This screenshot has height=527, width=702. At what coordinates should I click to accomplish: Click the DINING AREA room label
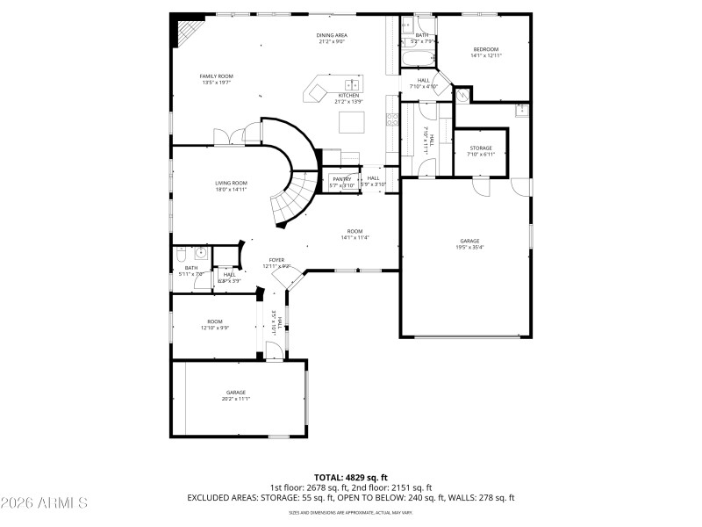click(332, 35)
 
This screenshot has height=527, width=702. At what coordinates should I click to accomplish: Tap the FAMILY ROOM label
click(217, 76)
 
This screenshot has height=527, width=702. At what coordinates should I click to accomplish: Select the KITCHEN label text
click(348, 96)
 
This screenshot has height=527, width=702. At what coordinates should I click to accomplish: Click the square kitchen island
click(353, 119)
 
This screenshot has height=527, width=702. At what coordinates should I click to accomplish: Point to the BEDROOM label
click(486, 49)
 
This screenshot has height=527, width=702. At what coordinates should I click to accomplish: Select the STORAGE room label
click(481, 148)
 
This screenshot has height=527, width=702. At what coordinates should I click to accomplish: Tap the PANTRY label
click(341, 179)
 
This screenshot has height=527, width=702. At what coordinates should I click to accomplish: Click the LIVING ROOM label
click(232, 183)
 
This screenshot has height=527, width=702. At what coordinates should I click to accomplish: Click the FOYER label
click(276, 260)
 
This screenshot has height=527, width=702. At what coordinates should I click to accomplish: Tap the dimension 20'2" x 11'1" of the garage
click(235, 399)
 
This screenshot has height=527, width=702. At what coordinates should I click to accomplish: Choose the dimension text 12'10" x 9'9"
click(215, 328)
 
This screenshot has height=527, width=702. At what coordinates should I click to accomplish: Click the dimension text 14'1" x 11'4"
click(355, 237)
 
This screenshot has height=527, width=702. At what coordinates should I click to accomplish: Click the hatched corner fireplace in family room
click(185, 33)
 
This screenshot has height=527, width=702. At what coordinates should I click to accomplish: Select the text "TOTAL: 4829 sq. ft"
click(350, 477)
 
